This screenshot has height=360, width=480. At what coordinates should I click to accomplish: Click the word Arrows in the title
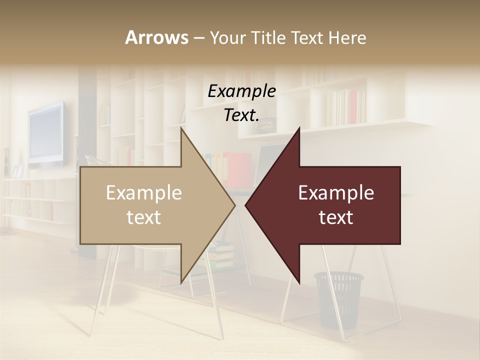(x=156, y=37)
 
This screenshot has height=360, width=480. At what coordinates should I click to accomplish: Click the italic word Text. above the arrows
(x=241, y=115)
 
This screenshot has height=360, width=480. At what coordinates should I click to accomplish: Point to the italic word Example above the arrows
(x=241, y=91)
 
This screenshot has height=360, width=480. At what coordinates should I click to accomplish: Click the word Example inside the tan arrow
(x=143, y=192)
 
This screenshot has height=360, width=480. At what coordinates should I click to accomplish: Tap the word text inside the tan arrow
(x=143, y=217)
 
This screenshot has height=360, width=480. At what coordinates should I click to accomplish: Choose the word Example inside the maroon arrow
(x=336, y=192)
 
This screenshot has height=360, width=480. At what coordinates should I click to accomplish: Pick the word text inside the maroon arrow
(x=336, y=217)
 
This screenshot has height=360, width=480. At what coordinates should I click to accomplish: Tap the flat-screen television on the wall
(x=46, y=134)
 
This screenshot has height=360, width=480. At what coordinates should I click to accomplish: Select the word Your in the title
(x=225, y=37)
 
